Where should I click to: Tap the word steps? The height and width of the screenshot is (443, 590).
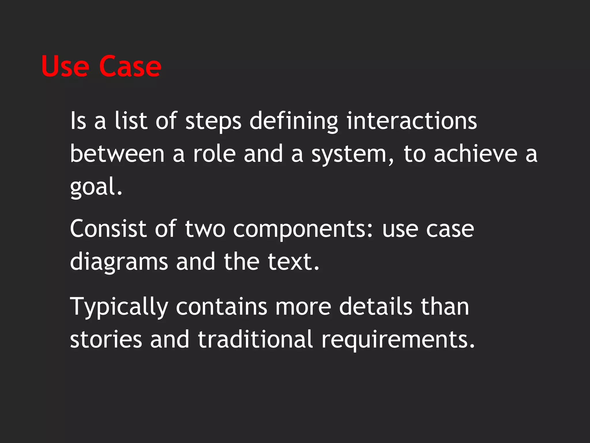click(x=213, y=121)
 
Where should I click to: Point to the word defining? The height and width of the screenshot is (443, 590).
click(x=294, y=121)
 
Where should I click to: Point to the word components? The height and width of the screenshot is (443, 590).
click(x=302, y=230)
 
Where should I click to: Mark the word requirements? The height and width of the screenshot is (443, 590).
click(x=398, y=340)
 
